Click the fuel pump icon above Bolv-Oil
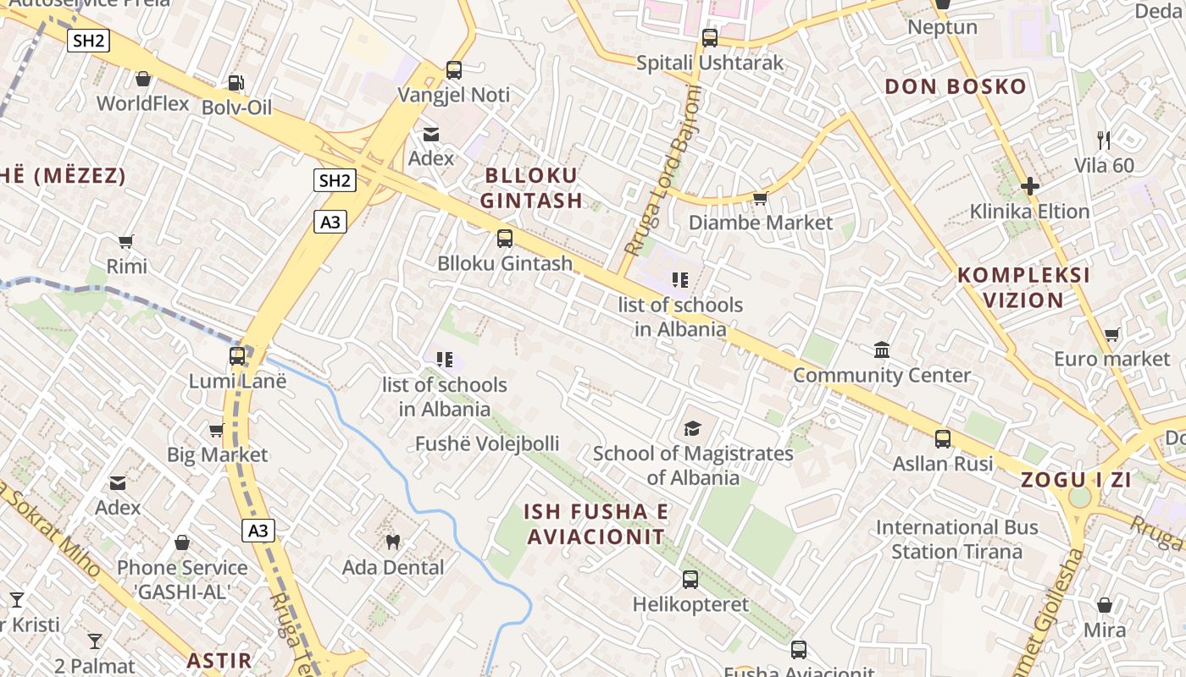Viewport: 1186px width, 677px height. pos(236,82)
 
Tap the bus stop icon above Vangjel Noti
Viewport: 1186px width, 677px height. pos(454,70)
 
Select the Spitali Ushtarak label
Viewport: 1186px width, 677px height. pos(710,63)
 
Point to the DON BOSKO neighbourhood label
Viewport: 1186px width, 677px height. pos(955,86)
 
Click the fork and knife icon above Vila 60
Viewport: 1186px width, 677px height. pos(1103,140)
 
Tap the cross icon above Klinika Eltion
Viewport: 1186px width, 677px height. pos(1029,185)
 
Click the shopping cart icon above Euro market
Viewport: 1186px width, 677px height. pos(1111,334)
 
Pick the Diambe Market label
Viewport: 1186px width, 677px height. pos(761,223)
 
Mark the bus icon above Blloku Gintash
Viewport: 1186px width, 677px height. pos(505,239)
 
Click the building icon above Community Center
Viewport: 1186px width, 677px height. pos(882,350)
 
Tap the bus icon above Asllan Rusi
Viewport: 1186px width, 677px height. pos(943,438)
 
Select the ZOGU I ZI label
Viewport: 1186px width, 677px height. pos(1076,480)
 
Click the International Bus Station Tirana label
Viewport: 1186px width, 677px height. pos(956,539)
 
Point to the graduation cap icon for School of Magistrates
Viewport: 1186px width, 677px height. pos(693,428)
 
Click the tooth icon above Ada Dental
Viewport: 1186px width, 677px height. pos(392,542)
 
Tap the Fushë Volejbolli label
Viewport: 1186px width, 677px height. pos(487,443)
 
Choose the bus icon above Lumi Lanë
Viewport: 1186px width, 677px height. pos(237,356)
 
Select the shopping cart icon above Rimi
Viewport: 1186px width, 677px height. pos(126,242)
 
